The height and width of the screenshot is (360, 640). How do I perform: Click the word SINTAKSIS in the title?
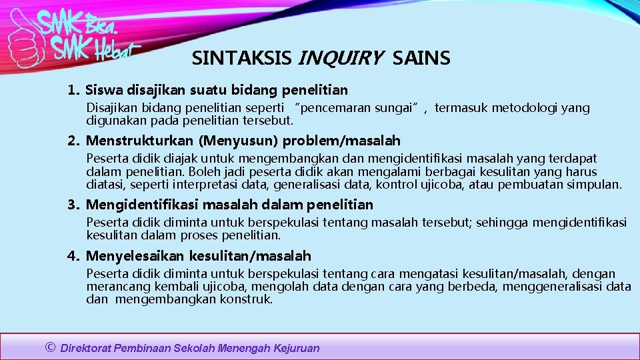pyautogui.click(x=241, y=59)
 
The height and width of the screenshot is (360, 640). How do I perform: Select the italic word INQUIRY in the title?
pyautogui.click(x=341, y=59)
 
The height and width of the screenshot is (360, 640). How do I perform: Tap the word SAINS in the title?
pyautogui.click(x=421, y=59)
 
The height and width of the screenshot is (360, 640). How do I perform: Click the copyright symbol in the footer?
pyautogui.click(x=49, y=347)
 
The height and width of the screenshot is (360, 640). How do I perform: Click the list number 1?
pyautogui.click(x=73, y=90)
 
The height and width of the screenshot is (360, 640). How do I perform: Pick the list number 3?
pyautogui.click(x=73, y=205)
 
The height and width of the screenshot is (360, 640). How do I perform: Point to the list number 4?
pyautogui.click(x=73, y=256)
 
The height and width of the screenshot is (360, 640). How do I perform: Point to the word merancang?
pyautogui.click(x=113, y=287)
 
